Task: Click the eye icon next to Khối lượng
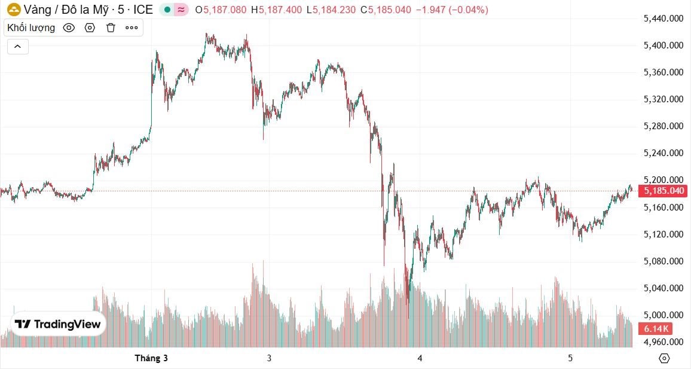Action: [x=69, y=28]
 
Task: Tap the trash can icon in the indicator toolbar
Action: [x=111, y=28]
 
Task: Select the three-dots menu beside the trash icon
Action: [x=132, y=28]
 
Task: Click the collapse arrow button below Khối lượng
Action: [x=18, y=46]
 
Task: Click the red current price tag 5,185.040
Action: [x=662, y=191]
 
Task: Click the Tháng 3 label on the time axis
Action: [x=151, y=358]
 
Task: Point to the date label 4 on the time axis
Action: [x=420, y=358]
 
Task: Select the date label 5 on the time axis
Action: [x=570, y=358]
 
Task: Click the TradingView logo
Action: [x=58, y=324]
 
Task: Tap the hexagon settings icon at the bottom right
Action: [x=664, y=358]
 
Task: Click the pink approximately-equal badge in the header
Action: [x=182, y=10]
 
